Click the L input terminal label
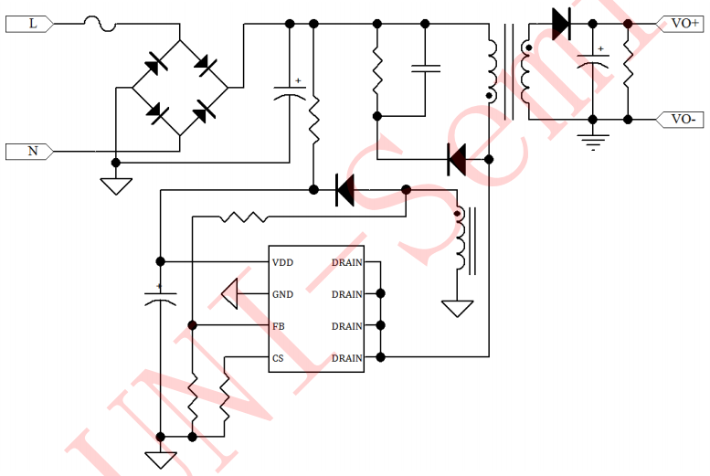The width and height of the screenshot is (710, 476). [x=34, y=25]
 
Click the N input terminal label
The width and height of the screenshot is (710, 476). [x=33, y=151]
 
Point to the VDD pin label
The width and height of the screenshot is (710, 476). [x=282, y=262]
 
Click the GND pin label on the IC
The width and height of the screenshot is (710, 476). [x=282, y=294]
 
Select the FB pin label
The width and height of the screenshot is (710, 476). [x=279, y=326]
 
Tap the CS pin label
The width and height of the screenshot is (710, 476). [x=278, y=358]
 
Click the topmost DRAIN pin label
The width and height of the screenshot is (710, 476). [x=346, y=262]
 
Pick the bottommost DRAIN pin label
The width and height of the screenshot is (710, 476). [x=346, y=358]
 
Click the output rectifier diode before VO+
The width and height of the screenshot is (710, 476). [x=562, y=24]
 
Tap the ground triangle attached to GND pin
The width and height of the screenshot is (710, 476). [x=230, y=294]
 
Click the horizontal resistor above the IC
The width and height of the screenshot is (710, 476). [x=244, y=217]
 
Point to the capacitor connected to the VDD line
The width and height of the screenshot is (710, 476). [x=160, y=295]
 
